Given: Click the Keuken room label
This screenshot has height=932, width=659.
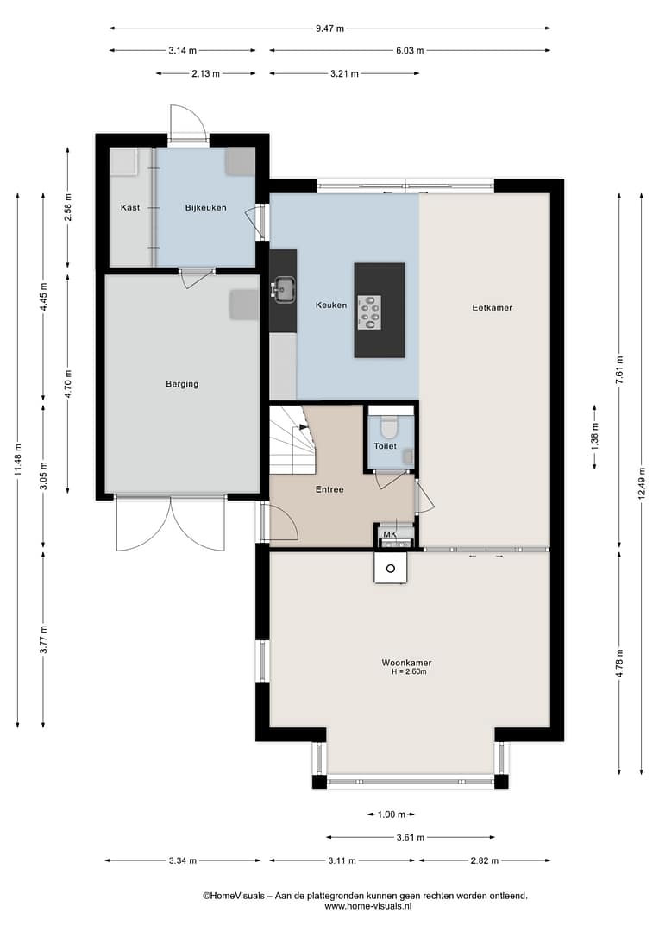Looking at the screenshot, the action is [331, 305].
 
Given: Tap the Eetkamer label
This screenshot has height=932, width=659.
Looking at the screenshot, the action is [492, 307].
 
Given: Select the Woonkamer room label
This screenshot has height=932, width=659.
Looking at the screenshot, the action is [406, 663].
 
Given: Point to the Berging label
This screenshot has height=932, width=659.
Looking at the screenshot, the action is [182, 384].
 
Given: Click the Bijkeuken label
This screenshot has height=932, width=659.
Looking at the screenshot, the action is [205, 207].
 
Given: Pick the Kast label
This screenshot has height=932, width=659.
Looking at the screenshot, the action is [130, 207].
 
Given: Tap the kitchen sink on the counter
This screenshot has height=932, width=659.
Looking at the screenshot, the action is [285, 289].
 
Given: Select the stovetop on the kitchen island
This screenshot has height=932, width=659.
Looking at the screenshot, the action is [370, 312].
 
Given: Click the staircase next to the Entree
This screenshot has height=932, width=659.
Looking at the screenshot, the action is [292, 440].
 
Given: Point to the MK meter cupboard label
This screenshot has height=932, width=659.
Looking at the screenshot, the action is [390, 534].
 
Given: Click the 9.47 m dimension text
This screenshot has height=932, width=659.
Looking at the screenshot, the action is [329, 28].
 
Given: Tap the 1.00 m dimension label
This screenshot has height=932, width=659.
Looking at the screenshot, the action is [392, 815].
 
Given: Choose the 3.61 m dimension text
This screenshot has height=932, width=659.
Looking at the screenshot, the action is [411, 837].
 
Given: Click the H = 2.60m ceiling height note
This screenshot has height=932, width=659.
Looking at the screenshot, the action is [409, 671].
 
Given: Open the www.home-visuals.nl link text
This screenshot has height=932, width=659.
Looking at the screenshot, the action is [367, 906].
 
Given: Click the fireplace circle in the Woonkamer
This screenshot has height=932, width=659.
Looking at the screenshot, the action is [391, 569].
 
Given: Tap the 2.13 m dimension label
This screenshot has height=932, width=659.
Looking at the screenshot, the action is [205, 73].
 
